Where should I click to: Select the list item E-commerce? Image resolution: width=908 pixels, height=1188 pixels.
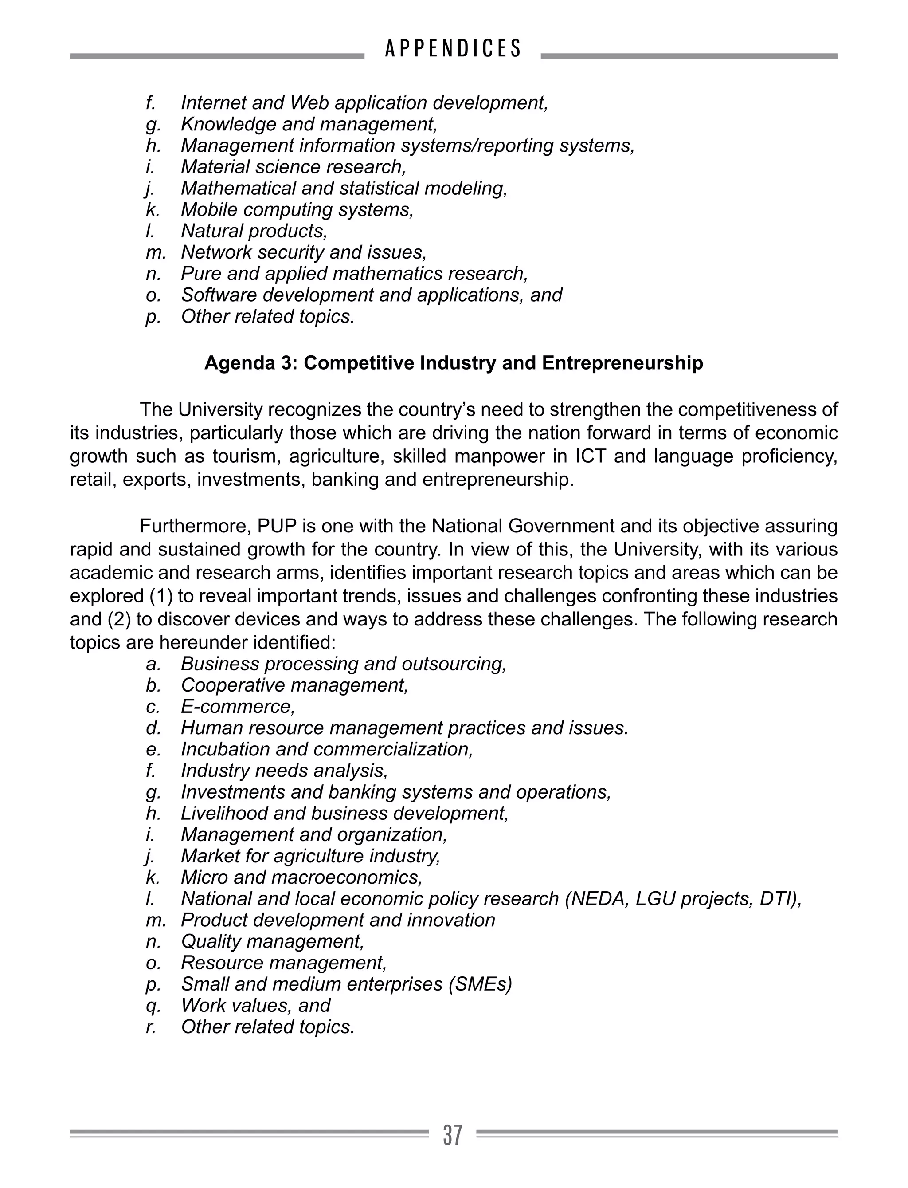tap(238, 707)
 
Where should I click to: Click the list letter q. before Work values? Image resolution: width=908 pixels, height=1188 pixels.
tap(153, 1005)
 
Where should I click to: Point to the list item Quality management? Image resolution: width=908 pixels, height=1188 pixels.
tap(272, 941)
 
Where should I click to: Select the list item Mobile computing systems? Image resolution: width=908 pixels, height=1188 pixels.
tap(297, 210)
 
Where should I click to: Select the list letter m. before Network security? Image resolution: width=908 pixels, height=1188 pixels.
tap(155, 252)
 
